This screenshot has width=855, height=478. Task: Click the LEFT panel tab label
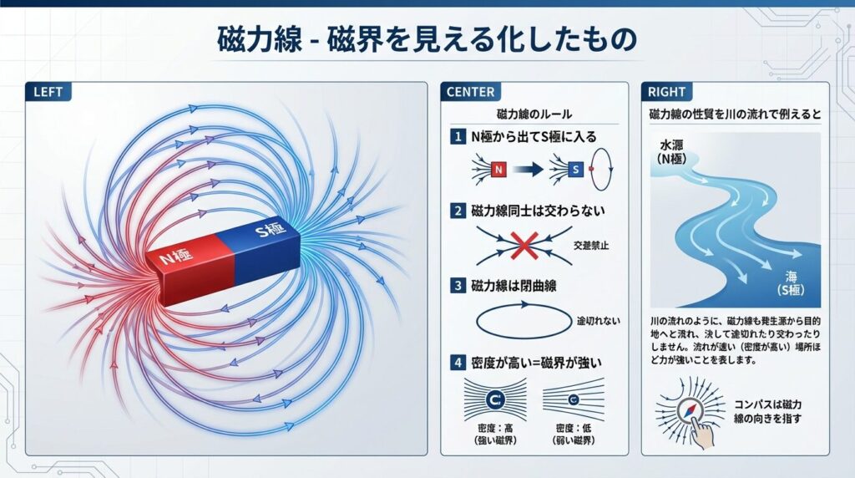(48, 92)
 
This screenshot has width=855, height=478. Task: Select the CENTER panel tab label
(470, 92)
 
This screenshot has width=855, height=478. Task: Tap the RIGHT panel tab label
(666, 92)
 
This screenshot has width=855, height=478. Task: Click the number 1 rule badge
(457, 136)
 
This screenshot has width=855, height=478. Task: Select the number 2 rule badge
(457, 211)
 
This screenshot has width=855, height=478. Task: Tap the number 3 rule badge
(457, 286)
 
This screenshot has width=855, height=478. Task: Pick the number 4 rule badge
(457, 363)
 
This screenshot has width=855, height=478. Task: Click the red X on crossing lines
(524, 245)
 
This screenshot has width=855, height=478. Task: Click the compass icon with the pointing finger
(692, 412)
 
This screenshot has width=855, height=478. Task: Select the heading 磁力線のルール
(534, 114)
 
